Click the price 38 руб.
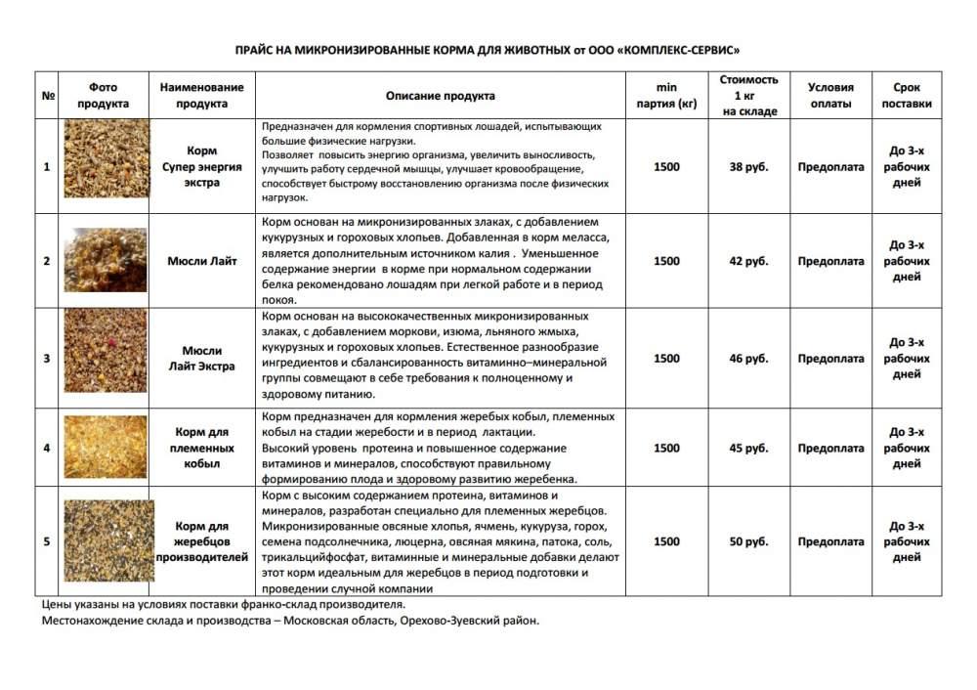(x=749, y=167)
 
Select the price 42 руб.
(x=749, y=262)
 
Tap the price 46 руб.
(x=749, y=359)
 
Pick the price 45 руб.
(x=749, y=449)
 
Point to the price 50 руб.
(x=749, y=541)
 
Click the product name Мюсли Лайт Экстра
(x=202, y=359)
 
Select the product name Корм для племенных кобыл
(x=202, y=449)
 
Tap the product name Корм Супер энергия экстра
(x=202, y=167)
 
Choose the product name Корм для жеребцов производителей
(x=202, y=541)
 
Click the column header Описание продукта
(x=440, y=96)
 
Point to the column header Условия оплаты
(x=831, y=96)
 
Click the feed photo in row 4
(x=105, y=449)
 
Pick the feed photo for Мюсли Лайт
(x=105, y=261)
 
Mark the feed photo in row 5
(x=105, y=540)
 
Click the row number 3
(x=47, y=359)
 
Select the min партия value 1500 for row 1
(x=666, y=167)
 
